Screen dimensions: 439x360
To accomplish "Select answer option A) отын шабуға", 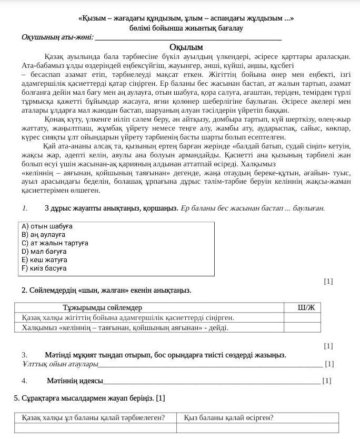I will point(47,226).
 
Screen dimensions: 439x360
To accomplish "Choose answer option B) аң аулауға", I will point(44,235).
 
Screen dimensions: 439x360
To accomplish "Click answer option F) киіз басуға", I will point(44,268).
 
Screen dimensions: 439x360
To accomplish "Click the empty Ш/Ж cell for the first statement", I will point(302,317).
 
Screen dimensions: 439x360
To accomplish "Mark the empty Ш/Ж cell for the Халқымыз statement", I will point(302,327).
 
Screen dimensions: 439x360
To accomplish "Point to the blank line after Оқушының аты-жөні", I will point(187,38).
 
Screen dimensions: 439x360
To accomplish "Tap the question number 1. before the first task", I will point(25,208).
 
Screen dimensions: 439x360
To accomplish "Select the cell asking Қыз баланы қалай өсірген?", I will point(228,418).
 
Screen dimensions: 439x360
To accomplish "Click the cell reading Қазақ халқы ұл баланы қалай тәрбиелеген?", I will point(93,418).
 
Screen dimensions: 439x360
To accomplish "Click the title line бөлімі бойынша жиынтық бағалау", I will point(186,27).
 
